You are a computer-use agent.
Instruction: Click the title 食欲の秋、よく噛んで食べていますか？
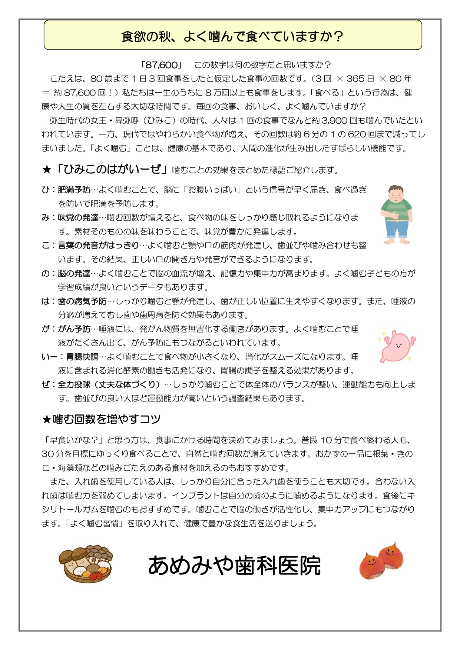232,36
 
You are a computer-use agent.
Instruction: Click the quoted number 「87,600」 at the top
161,65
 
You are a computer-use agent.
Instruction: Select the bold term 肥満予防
74,190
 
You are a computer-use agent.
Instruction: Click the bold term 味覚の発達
78,218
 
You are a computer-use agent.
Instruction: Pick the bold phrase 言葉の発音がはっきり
98,246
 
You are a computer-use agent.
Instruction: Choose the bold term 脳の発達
74,274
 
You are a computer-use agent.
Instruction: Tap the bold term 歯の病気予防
82,301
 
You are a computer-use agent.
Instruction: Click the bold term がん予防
74,329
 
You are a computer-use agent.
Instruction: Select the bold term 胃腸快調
82,357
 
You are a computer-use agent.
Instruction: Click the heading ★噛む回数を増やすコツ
101,419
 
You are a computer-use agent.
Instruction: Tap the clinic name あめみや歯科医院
234,566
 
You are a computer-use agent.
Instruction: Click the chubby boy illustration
397,215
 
